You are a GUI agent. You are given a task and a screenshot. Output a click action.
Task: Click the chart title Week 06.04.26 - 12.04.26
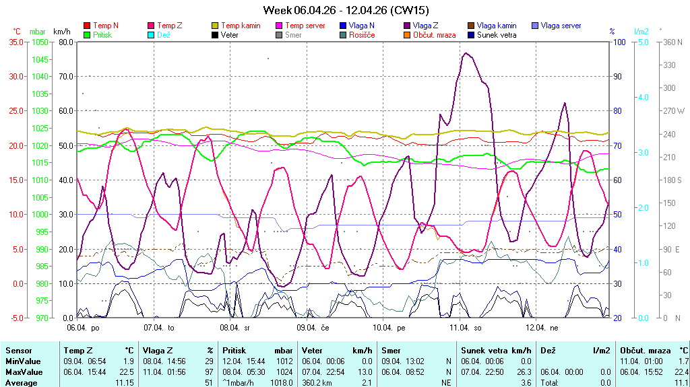(x=345, y=10)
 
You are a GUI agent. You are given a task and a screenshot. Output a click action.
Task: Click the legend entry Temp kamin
(x=241, y=26)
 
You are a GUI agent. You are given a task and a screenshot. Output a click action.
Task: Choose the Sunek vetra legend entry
(x=497, y=34)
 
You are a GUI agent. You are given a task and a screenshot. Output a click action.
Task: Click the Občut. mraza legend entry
(x=434, y=34)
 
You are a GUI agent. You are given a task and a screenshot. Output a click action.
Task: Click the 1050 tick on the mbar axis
(x=40, y=42)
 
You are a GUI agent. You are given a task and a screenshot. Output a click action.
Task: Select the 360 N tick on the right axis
(x=673, y=42)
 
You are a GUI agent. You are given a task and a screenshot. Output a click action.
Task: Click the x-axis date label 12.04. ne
(x=542, y=328)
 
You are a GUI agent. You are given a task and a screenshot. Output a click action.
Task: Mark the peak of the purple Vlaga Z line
(x=466, y=53)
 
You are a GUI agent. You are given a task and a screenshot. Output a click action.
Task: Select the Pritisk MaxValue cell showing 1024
(x=284, y=372)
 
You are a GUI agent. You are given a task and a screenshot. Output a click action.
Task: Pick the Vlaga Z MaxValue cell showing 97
(x=210, y=372)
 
